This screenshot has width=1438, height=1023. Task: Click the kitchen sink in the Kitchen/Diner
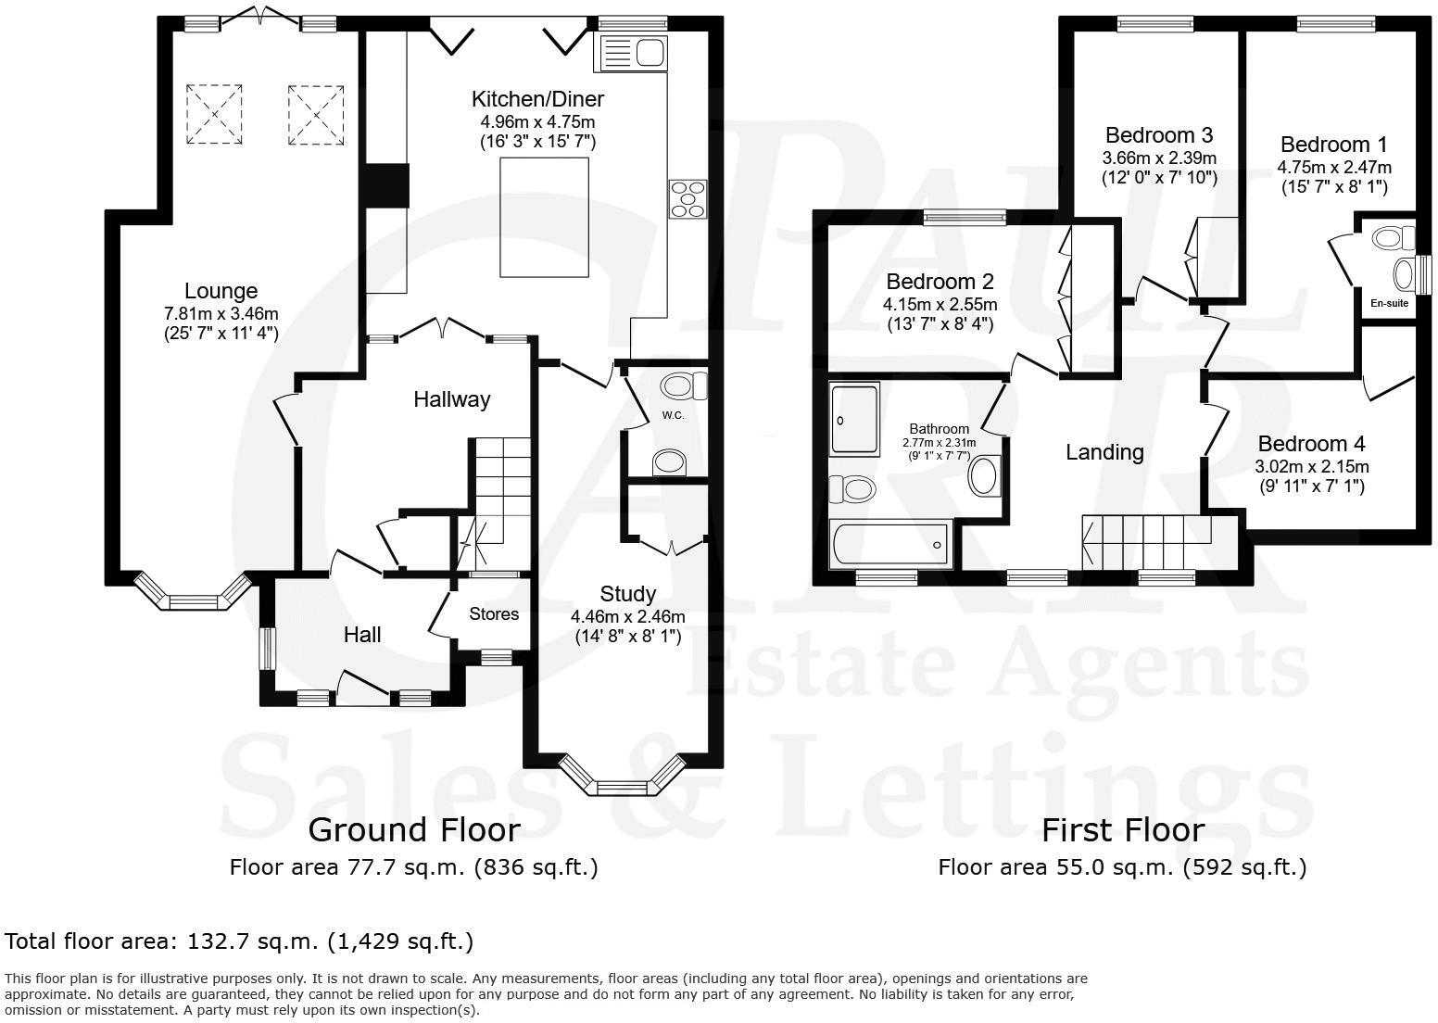634,53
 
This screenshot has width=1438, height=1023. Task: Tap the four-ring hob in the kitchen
687,199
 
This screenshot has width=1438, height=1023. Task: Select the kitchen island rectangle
544,217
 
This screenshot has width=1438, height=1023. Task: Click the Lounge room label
221,291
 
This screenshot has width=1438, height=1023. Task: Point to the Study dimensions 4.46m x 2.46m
627,616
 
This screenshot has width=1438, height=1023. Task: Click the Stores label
494,613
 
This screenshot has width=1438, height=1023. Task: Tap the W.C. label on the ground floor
673,415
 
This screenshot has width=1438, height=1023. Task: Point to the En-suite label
1389,302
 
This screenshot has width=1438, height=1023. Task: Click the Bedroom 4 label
1311,444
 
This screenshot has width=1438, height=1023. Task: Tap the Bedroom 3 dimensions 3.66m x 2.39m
1158,158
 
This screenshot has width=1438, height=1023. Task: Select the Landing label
1104,452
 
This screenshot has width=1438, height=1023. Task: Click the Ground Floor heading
413,828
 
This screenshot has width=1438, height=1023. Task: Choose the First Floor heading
1123,829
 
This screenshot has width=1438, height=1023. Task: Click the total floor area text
239,941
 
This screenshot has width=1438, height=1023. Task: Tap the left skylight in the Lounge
215,114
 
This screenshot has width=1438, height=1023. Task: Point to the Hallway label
451,399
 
